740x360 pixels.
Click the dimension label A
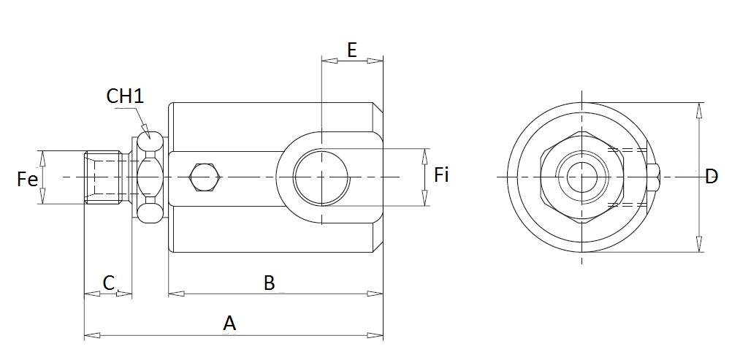tap(229, 323)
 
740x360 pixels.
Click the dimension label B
tap(269, 283)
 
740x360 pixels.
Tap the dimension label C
tap(109, 283)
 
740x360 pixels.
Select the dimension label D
tap(712, 177)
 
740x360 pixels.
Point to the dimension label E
tap(352, 50)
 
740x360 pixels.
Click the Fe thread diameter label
tap(27, 180)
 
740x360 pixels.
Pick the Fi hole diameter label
tap(441, 175)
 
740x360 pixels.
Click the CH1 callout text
tap(125, 96)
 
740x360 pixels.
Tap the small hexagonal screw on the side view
tap(205, 177)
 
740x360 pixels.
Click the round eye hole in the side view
tap(321, 177)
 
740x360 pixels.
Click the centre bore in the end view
tap(582, 177)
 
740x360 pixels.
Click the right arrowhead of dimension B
tap(375, 294)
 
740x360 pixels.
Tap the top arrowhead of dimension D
tap(698, 110)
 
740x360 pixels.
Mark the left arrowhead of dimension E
tap(329, 61)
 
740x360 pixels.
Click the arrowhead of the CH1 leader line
tap(147, 131)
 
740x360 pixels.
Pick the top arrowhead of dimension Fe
tap(42, 158)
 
